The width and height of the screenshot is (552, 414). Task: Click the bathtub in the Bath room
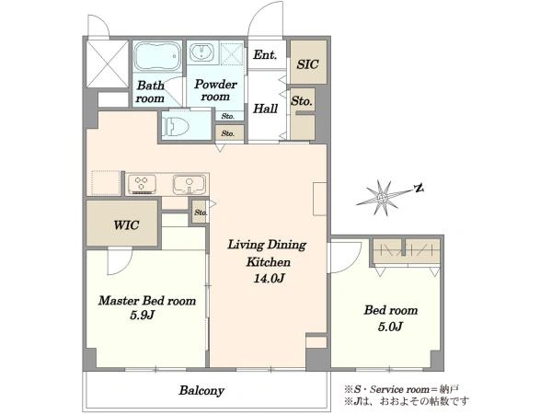pos(157,57)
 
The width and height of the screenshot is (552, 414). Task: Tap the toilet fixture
pos(176,126)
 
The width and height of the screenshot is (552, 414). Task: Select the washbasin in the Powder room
pos(201,52)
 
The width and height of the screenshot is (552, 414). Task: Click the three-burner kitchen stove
pos(142,184)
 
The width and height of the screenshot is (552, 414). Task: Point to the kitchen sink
pos(189,185)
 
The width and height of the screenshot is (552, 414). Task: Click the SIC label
pos(307,64)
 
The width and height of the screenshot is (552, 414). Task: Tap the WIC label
pos(126,225)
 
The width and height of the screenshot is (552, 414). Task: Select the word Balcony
pos(201,390)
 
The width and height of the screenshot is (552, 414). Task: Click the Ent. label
pos(265,54)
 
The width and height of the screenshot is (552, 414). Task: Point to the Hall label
pos(266,109)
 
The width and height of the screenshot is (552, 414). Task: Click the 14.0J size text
pos(269,279)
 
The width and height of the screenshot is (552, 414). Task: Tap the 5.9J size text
pos(143,315)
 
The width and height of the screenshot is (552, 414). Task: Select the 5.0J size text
pos(390,327)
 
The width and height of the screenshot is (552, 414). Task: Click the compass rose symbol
pos(383,198)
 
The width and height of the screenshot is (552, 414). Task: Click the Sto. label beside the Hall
pos(302,101)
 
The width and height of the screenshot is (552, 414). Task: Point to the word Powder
pos(215,84)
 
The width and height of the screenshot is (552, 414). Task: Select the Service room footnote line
pos(402,389)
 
